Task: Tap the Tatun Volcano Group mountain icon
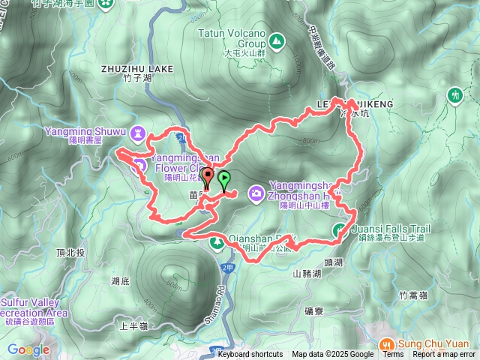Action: tap(277, 40)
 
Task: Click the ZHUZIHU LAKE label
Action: tap(136, 68)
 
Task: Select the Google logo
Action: tap(28, 349)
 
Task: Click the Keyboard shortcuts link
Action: tap(250, 355)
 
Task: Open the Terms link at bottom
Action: tap(393, 355)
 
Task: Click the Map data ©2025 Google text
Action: tap(332, 355)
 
